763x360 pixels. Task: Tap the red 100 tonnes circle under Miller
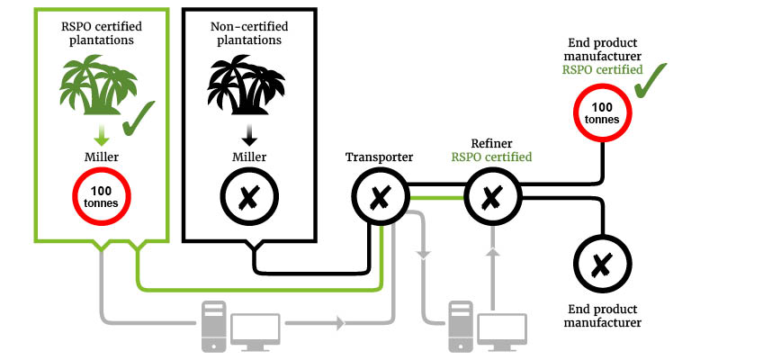(x=102, y=195)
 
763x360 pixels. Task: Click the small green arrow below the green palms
(x=102, y=135)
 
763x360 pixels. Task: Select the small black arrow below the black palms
(x=249, y=135)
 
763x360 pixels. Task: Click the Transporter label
(x=379, y=157)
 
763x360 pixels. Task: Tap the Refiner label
(x=492, y=143)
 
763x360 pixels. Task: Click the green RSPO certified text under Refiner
(x=492, y=157)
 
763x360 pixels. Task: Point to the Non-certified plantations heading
(x=249, y=33)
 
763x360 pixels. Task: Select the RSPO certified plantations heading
(x=102, y=33)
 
